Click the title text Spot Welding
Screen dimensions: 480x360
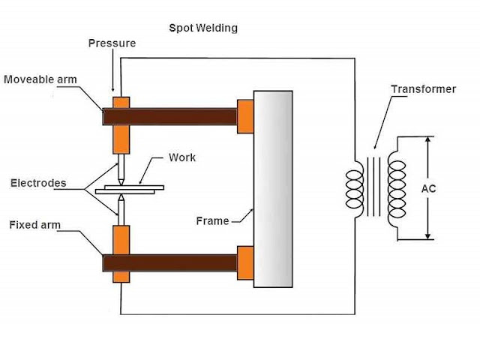click(x=203, y=28)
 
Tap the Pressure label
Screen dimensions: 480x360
click(x=112, y=43)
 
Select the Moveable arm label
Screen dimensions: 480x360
click(x=40, y=79)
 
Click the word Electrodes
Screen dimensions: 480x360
click(x=38, y=183)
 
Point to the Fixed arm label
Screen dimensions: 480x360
click(x=35, y=225)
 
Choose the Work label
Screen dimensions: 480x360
click(x=182, y=157)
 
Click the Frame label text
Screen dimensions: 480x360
click(x=212, y=220)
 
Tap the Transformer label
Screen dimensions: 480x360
click(x=424, y=89)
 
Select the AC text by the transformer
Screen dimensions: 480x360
click(x=428, y=188)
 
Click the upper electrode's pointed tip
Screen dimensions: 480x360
click(x=121, y=184)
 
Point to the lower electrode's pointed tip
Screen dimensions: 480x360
click(x=121, y=195)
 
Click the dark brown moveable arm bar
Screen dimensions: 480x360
click(x=169, y=117)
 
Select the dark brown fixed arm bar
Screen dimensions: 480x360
click(x=169, y=263)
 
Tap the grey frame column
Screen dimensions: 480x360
click(x=273, y=189)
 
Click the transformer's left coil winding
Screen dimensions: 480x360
click(x=355, y=189)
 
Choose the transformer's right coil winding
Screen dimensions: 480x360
click(x=397, y=189)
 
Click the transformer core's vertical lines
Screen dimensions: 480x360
click(x=373, y=187)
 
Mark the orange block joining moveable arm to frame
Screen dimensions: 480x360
click(x=245, y=117)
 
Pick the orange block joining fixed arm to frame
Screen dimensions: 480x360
click(x=245, y=263)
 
